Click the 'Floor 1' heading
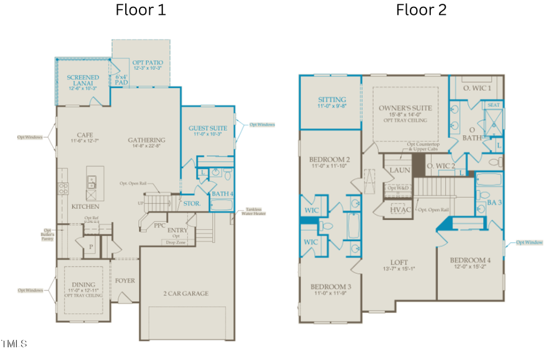click(x=141, y=10)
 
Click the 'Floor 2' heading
click(x=421, y=10)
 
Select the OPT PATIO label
click(x=147, y=63)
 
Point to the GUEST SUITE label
click(x=208, y=128)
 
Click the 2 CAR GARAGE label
click(x=185, y=293)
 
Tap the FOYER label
click(x=125, y=281)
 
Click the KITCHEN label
click(x=86, y=206)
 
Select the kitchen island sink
click(x=92, y=182)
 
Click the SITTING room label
click(x=332, y=100)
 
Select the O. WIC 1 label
click(x=477, y=88)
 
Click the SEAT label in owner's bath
click(x=494, y=105)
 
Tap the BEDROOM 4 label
click(x=469, y=260)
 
